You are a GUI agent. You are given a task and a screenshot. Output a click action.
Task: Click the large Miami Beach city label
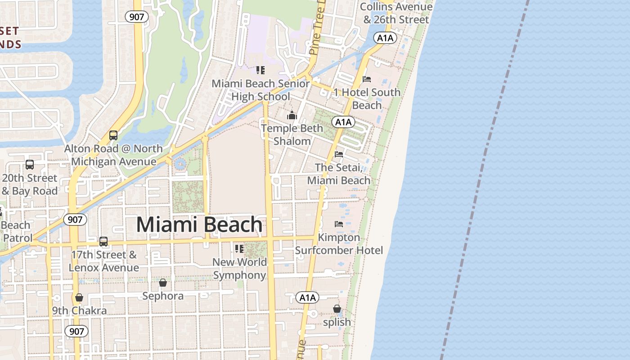point(199,225)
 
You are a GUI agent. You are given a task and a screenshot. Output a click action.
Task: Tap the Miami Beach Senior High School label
point(261,90)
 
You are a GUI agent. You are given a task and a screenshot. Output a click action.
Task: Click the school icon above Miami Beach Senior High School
point(261,70)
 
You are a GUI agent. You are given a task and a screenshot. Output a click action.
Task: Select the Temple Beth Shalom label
point(292,135)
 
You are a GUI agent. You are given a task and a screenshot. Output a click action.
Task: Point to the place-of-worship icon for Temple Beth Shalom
point(292,116)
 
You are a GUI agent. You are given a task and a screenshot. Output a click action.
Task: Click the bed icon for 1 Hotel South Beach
point(367,79)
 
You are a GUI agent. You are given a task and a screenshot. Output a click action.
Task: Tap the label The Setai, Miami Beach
point(338,174)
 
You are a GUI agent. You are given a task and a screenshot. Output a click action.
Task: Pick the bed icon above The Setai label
point(339,154)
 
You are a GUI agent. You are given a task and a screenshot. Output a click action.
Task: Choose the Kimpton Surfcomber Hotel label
point(339,244)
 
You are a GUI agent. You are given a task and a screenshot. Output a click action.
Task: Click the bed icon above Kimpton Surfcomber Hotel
point(339,224)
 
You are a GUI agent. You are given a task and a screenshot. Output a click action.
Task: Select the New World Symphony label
point(239,269)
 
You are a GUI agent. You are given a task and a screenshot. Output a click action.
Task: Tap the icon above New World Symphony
point(239,249)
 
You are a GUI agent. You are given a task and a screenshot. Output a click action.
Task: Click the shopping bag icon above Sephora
point(163,283)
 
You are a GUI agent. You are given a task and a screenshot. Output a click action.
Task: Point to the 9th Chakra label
point(79,310)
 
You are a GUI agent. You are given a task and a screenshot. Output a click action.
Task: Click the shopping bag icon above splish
point(337,309)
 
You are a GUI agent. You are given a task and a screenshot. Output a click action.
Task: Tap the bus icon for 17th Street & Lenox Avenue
point(103,242)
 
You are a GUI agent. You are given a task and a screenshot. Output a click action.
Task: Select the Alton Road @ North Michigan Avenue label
point(113,155)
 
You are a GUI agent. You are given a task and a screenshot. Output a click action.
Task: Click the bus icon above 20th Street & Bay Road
point(30,165)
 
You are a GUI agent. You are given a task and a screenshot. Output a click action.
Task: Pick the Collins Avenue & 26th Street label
point(396,13)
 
